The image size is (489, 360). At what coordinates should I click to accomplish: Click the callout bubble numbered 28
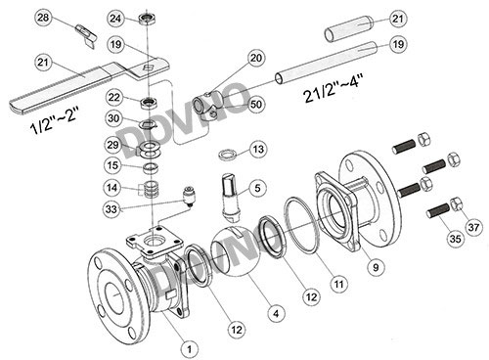click(43, 18)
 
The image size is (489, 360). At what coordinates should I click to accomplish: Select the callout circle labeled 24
click(115, 19)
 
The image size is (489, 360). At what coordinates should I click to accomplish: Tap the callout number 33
click(111, 208)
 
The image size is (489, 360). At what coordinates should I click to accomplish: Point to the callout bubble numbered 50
click(256, 105)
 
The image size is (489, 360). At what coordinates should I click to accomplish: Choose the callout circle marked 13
click(258, 150)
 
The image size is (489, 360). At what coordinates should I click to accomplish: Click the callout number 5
click(257, 188)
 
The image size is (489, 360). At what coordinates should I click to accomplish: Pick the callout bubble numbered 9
click(376, 267)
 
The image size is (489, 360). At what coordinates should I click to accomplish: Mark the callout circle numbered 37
click(473, 227)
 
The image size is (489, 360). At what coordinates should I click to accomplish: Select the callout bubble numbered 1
click(189, 349)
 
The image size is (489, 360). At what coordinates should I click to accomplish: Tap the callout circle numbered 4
click(276, 314)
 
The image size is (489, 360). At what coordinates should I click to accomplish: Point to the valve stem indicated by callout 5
click(231, 196)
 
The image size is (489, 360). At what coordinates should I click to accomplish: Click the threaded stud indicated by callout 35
click(438, 210)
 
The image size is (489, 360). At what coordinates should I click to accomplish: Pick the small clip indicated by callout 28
click(86, 35)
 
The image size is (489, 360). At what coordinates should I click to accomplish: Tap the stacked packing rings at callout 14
click(151, 189)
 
